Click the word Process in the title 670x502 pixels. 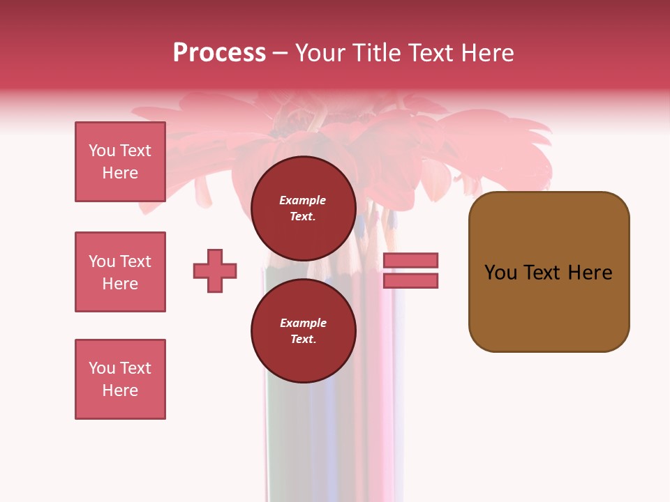(x=219, y=53)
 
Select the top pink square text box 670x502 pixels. (x=120, y=162)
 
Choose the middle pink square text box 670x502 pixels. (x=120, y=272)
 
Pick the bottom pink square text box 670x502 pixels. (x=120, y=379)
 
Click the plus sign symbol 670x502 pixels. (x=215, y=271)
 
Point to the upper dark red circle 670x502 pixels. (x=303, y=208)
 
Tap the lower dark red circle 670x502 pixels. (x=303, y=331)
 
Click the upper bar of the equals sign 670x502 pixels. (x=410, y=260)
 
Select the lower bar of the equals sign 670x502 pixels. (x=410, y=280)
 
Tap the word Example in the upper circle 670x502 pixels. (x=303, y=200)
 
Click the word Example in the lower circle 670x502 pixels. (x=303, y=323)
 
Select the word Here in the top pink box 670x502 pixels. (x=120, y=173)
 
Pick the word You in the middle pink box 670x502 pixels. (x=102, y=261)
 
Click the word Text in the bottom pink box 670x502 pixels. (x=135, y=368)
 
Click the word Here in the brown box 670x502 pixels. (x=590, y=273)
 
